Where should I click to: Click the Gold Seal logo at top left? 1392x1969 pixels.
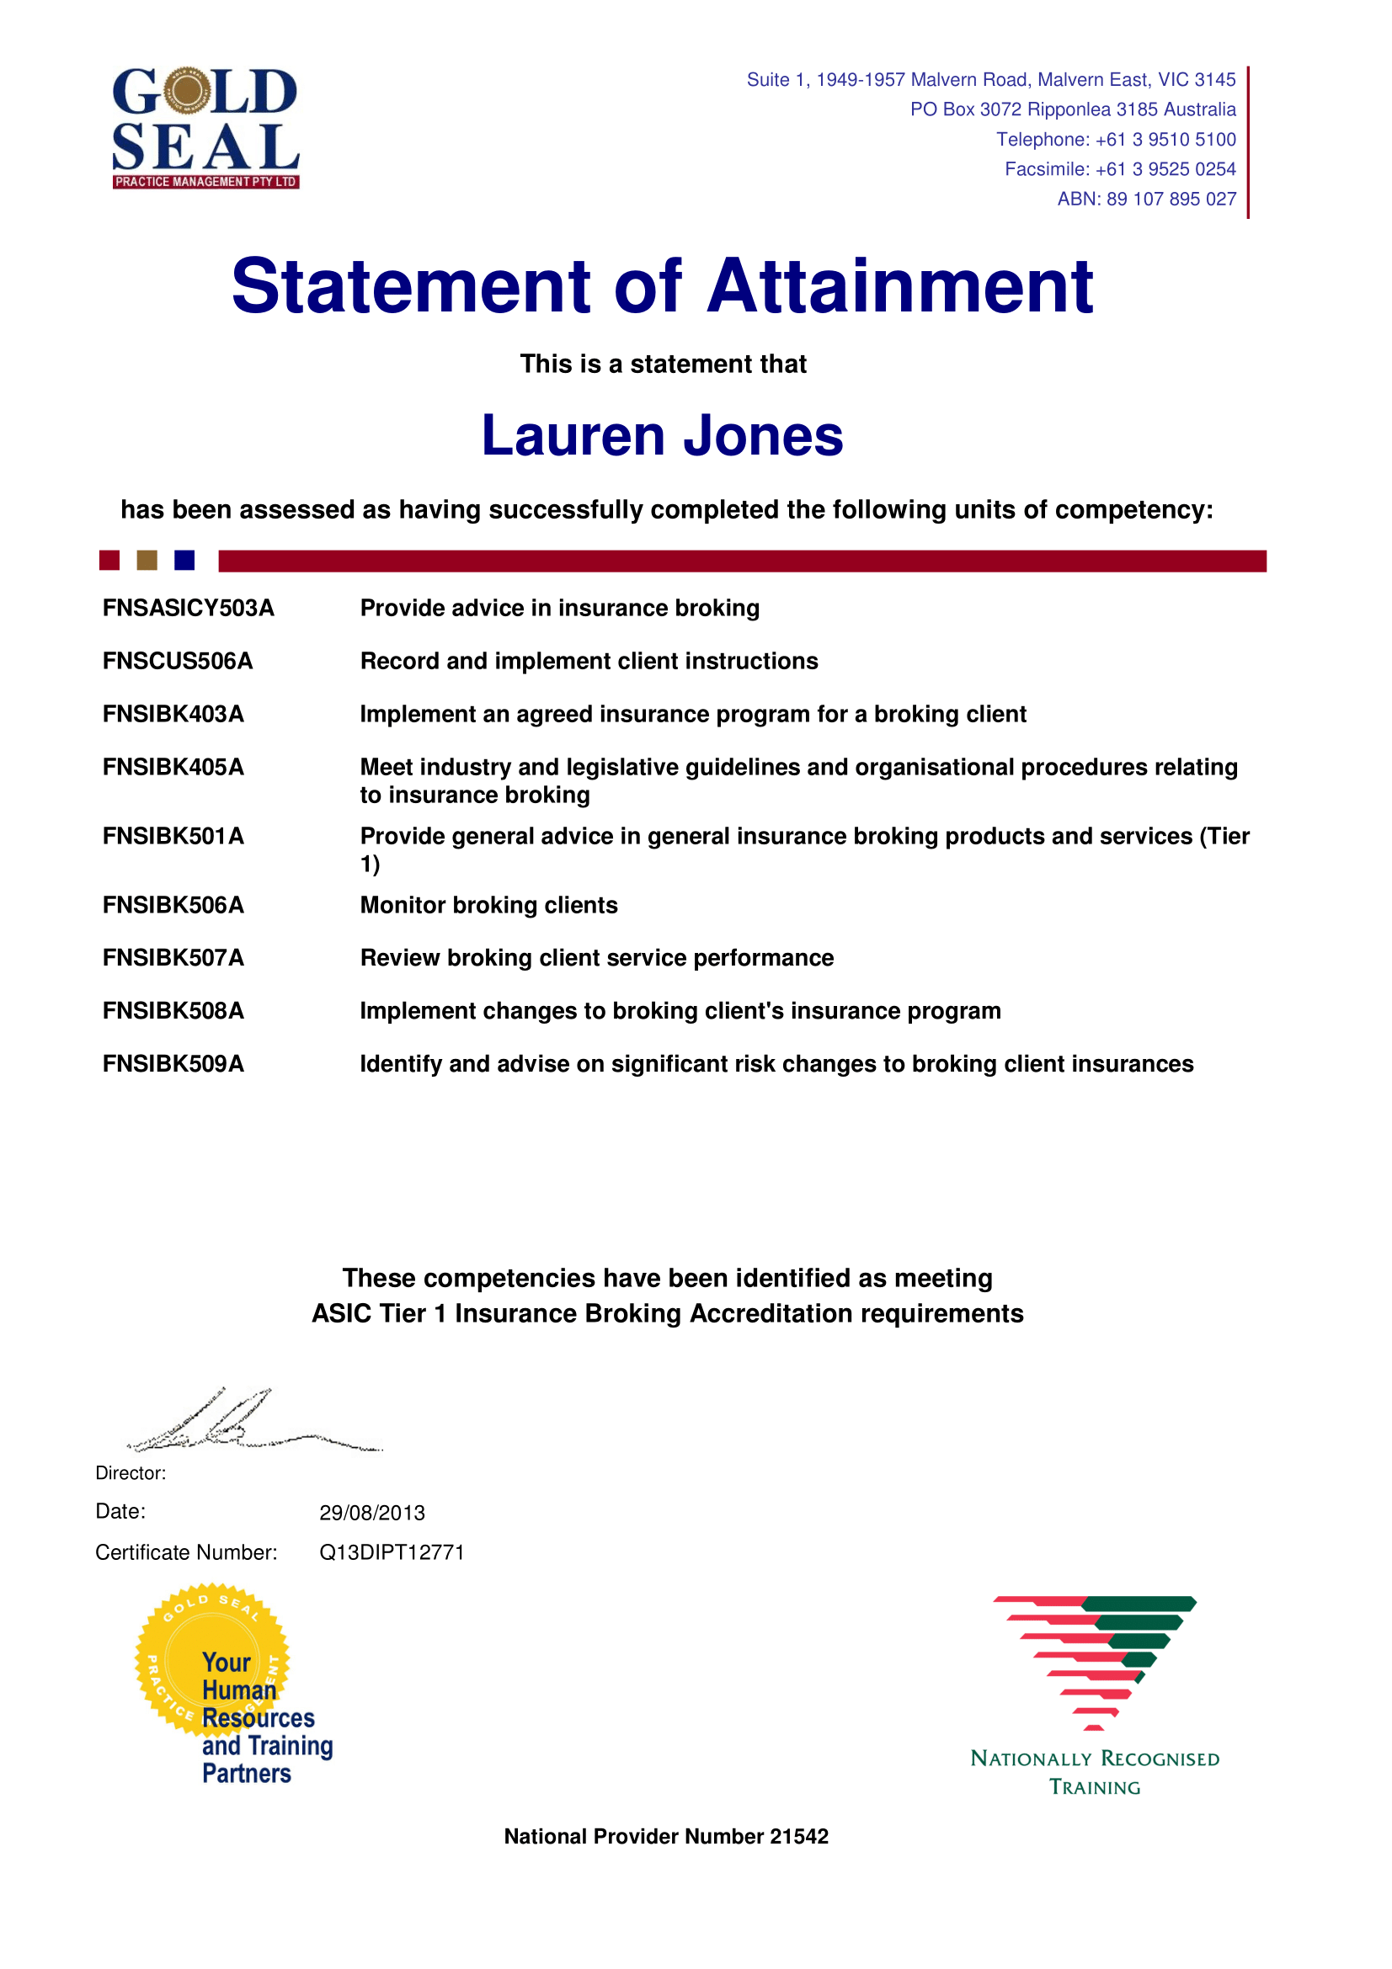205,127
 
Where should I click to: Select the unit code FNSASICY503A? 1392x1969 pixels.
188,608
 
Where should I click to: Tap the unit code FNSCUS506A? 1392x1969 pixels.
178,661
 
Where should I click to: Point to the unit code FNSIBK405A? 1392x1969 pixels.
173,767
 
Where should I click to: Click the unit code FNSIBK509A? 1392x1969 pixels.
173,1063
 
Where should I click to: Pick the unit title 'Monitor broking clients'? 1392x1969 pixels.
488,905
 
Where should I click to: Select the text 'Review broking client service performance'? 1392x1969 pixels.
596,958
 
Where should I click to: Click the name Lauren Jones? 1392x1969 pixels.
662,436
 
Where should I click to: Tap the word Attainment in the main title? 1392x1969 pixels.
899,286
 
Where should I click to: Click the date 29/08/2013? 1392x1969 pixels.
372,1513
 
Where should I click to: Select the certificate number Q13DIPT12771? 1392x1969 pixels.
391,1552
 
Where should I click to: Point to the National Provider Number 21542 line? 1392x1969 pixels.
665,1836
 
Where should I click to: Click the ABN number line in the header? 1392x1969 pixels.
1146,199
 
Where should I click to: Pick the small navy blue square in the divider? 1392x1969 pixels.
184,560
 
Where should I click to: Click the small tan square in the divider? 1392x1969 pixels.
147,560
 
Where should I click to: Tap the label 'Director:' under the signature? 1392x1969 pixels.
131,1473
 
